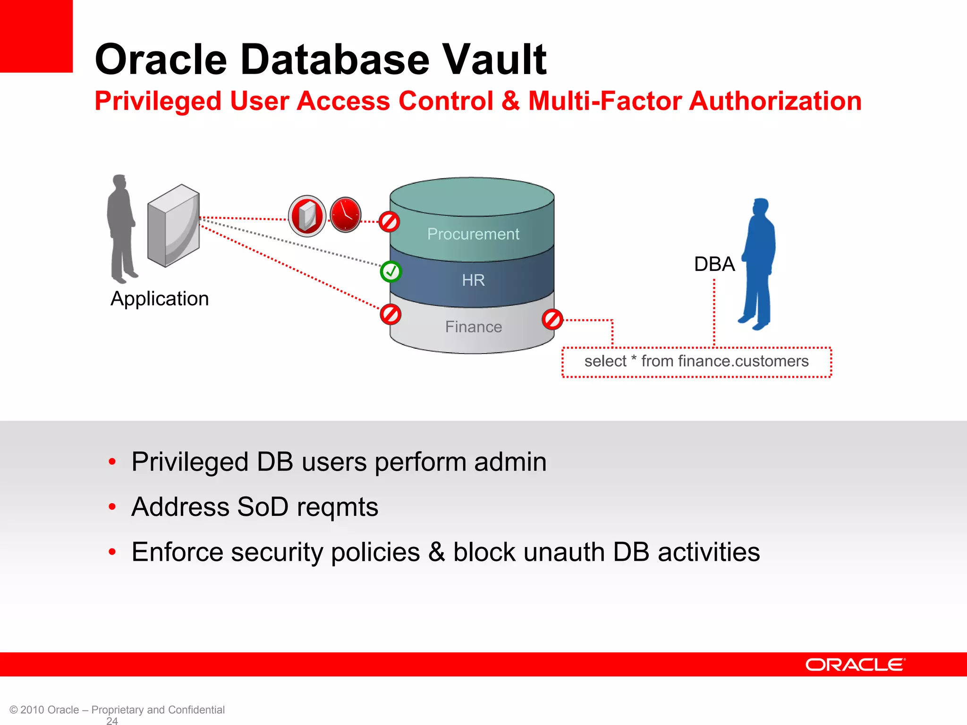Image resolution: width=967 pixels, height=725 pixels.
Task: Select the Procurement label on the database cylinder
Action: (x=473, y=234)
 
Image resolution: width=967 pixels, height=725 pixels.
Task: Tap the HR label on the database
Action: (x=473, y=280)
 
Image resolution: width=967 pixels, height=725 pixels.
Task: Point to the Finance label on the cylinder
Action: (x=473, y=327)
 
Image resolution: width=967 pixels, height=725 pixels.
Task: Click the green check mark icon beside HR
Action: (x=390, y=271)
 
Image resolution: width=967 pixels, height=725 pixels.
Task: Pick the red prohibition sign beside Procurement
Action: (x=390, y=221)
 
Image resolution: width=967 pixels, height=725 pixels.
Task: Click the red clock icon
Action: (x=345, y=215)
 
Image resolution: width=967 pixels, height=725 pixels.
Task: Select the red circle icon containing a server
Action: (x=307, y=216)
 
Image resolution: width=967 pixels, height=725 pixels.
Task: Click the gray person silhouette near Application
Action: (x=121, y=229)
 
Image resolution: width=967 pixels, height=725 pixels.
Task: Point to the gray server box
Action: (x=173, y=226)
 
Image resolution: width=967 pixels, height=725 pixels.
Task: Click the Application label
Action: (x=160, y=299)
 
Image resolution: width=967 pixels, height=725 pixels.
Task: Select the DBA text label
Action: (x=714, y=264)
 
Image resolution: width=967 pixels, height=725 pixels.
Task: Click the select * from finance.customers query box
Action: (x=696, y=362)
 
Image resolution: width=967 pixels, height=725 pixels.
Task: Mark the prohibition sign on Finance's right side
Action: (x=552, y=320)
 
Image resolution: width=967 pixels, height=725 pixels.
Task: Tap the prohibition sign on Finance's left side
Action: (x=390, y=314)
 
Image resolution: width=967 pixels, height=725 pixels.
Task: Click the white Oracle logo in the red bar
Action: (x=855, y=665)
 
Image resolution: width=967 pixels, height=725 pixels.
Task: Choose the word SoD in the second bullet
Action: (x=263, y=507)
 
